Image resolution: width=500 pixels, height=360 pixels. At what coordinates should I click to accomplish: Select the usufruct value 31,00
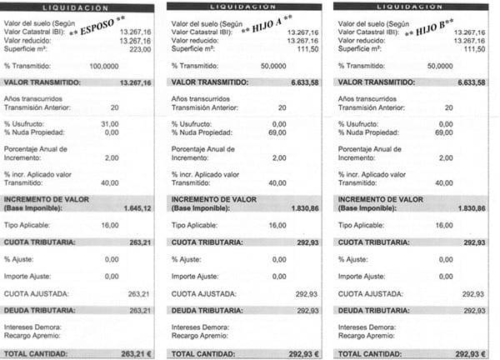[133, 123]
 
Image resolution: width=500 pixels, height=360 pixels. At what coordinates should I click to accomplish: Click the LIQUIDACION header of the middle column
[244, 6]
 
